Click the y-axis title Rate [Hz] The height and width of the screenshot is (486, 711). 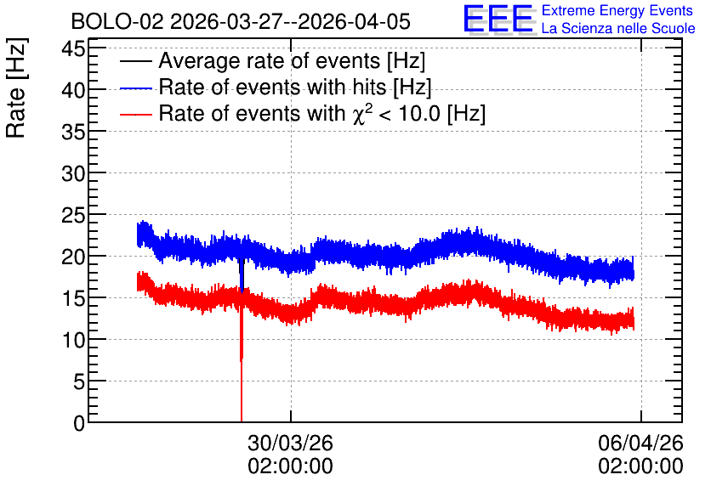tap(16, 88)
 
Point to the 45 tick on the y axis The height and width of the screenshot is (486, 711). tap(73, 48)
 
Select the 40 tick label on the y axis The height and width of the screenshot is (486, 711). tap(73, 90)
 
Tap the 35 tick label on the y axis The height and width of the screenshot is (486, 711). tap(73, 132)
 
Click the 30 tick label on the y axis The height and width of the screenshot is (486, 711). tap(73, 173)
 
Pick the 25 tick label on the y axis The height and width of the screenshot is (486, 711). tap(73, 215)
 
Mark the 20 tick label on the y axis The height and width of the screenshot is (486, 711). tap(73, 257)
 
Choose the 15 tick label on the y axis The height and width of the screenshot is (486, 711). tap(73, 298)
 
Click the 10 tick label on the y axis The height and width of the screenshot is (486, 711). tap(73, 340)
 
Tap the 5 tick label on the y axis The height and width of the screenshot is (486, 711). tap(79, 381)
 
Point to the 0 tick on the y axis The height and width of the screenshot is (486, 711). tap(79, 423)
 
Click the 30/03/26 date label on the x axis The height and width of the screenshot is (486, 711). tap(290, 443)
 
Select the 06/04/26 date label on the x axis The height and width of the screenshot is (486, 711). tap(640, 443)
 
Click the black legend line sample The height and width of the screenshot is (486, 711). tap(135, 61)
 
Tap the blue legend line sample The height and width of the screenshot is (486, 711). tap(135, 88)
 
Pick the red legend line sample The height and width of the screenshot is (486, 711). tap(135, 114)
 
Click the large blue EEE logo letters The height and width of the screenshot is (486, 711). tap(498, 19)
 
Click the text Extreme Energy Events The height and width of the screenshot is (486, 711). tap(617, 10)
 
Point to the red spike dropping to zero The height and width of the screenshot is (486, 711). tap(242, 362)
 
